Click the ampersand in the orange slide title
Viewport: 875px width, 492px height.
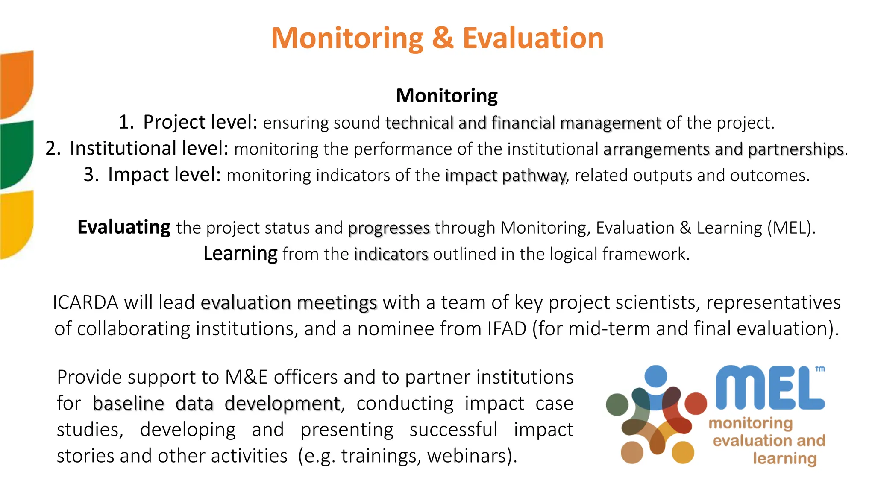[442, 38]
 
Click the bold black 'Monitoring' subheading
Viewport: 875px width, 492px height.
[446, 96]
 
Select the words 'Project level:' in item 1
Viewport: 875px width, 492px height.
[200, 123]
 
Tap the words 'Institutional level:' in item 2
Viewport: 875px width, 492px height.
[149, 149]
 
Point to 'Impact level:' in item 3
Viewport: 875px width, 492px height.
[164, 175]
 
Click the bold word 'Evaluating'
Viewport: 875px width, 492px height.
[124, 227]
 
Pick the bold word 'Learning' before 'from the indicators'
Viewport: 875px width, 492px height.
[240, 254]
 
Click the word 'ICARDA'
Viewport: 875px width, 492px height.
[85, 303]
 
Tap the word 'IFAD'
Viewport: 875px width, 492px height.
[506, 329]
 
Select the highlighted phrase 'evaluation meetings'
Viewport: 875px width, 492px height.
[289, 303]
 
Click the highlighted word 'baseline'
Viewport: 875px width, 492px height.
[128, 404]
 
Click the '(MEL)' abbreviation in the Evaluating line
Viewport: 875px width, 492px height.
[791, 228]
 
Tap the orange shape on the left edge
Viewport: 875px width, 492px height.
[16, 83]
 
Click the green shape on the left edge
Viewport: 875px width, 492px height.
[16, 154]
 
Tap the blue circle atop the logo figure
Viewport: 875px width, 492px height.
[655, 376]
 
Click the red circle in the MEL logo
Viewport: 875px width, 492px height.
[696, 404]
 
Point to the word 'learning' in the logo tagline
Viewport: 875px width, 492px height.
[784, 459]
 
